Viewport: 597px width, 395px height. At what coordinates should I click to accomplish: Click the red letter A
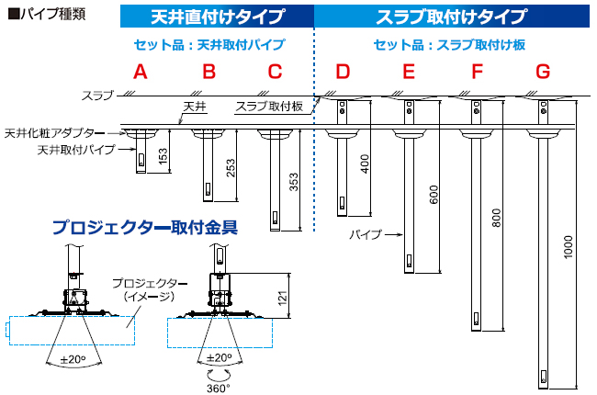(x=140, y=72)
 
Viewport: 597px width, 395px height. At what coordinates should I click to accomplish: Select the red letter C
(x=276, y=72)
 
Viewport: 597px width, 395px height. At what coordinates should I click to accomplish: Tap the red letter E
(x=409, y=72)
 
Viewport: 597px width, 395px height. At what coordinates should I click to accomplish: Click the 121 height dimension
(x=284, y=297)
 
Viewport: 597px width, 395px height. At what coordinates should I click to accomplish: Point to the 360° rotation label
(x=218, y=387)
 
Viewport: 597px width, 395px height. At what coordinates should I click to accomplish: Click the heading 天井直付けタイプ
(x=217, y=17)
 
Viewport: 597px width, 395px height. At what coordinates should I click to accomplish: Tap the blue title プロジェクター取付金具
(x=144, y=226)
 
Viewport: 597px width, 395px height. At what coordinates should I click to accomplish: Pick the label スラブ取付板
(x=272, y=107)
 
